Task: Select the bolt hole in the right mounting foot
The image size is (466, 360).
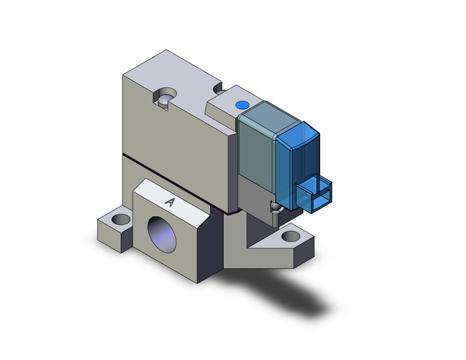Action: click(x=289, y=235)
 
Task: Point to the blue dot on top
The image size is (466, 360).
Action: click(x=242, y=104)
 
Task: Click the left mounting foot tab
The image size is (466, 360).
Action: click(x=113, y=227)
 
